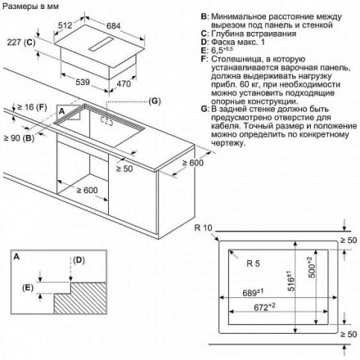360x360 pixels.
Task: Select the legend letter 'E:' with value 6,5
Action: coord(205,51)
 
